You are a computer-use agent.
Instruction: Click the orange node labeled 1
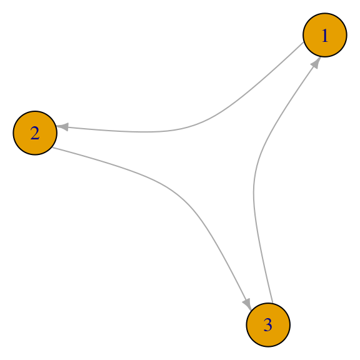coord(325,35)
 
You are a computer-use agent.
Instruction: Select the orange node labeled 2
coord(35,133)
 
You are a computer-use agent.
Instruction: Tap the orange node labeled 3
coord(268,325)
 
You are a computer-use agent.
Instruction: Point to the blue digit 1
coord(325,36)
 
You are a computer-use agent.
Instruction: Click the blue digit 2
coord(35,133)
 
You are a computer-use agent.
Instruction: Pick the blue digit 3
coord(268,325)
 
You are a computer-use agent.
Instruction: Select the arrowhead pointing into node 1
coord(316,62)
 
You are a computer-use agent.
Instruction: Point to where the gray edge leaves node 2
coord(52,147)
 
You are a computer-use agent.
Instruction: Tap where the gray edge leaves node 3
coord(272,303)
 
